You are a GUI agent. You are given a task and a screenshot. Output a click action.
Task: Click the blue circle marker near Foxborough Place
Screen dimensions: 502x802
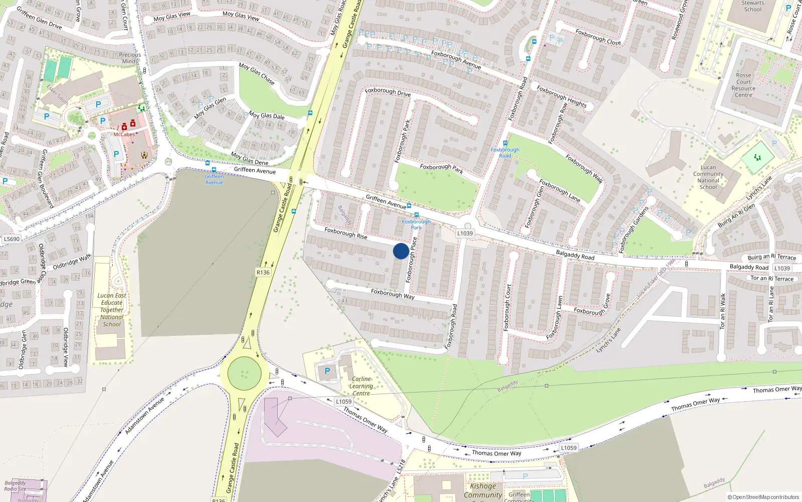click(x=401, y=251)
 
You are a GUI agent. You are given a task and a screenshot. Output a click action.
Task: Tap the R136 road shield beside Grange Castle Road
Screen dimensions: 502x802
click(x=263, y=273)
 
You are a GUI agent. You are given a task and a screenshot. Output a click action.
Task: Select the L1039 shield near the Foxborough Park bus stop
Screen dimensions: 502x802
click(x=465, y=233)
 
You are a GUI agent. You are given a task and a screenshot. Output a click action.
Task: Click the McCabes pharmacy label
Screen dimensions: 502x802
click(x=124, y=135)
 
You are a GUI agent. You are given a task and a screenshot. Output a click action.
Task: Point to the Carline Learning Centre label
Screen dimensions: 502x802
click(x=361, y=386)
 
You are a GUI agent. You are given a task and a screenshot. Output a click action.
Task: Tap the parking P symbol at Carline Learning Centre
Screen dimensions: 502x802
click(x=327, y=371)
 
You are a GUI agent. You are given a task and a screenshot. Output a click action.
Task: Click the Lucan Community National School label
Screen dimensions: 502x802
click(x=708, y=177)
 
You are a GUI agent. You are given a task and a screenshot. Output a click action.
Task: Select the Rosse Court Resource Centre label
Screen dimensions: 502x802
click(x=743, y=85)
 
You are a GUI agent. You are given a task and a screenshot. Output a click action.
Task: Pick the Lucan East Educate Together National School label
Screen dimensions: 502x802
click(x=112, y=310)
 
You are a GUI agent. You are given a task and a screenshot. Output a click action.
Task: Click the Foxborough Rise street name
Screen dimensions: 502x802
click(x=345, y=233)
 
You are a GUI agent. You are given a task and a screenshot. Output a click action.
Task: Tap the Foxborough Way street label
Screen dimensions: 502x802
click(x=392, y=294)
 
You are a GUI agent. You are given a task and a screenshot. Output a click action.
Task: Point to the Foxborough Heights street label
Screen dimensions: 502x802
click(x=561, y=96)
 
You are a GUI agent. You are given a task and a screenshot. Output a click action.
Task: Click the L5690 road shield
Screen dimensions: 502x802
click(x=12, y=239)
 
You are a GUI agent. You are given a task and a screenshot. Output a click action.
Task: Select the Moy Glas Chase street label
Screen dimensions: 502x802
click(x=257, y=73)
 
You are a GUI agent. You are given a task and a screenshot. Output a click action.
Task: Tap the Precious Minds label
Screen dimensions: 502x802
click(x=130, y=58)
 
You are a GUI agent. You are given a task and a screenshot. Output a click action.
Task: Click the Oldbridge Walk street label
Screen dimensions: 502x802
click(x=72, y=262)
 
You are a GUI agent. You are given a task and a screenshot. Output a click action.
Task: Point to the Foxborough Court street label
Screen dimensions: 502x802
click(x=507, y=307)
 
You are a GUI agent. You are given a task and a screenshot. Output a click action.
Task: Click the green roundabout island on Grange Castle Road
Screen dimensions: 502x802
click(x=245, y=373)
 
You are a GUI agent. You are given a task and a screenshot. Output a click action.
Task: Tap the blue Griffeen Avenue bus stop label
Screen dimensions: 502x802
click(x=214, y=179)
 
